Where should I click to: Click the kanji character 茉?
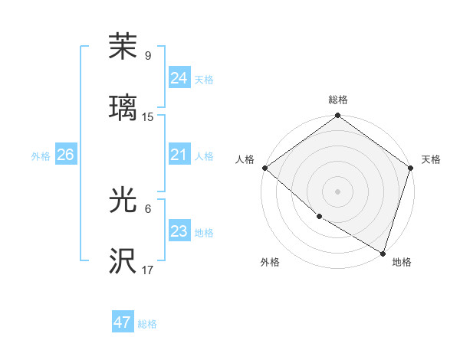click(123, 47)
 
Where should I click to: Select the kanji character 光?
click(123, 200)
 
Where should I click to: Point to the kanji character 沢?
click(123, 260)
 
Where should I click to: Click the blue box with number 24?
click(179, 78)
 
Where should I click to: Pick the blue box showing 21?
click(179, 155)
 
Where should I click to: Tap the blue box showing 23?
click(179, 231)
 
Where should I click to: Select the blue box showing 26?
click(65, 155)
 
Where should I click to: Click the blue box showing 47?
click(122, 322)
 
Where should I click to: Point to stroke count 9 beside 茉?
click(148, 56)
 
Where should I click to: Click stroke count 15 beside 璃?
click(148, 117)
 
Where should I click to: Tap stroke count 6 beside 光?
click(148, 209)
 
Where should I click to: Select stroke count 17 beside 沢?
click(148, 270)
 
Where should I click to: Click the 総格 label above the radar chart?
click(338, 100)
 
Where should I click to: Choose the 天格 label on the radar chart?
click(431, 159)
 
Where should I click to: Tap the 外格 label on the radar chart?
click(270, 263)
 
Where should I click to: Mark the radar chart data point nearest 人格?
click(264, 168)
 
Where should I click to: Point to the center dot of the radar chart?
click(338, 191)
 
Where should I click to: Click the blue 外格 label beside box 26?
click(41, 156)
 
